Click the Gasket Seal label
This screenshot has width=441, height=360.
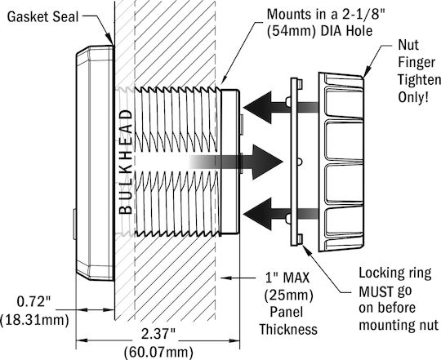point(42,17)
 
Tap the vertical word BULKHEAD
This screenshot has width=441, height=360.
point(126,162)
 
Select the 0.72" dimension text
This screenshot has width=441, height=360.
point(33,302)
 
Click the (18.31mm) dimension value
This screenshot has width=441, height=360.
point(34,320)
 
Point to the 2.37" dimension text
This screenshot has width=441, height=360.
point(158,334)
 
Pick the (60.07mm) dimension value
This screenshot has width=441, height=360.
point(158,352)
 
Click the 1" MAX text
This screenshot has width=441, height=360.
point(287,278)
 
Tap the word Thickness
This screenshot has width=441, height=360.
point(288,329)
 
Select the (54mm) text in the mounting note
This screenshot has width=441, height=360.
point(291,31)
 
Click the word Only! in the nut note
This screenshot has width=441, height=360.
point(413,97)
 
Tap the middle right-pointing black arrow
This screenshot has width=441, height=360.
point(236,162)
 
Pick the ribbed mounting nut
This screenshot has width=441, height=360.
point(341,162)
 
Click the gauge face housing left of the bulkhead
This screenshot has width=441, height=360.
point(95,163)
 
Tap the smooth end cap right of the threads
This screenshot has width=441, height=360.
point(230,162)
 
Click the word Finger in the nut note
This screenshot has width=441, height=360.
point(416,62)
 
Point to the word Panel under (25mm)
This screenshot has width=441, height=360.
point(287,312)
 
